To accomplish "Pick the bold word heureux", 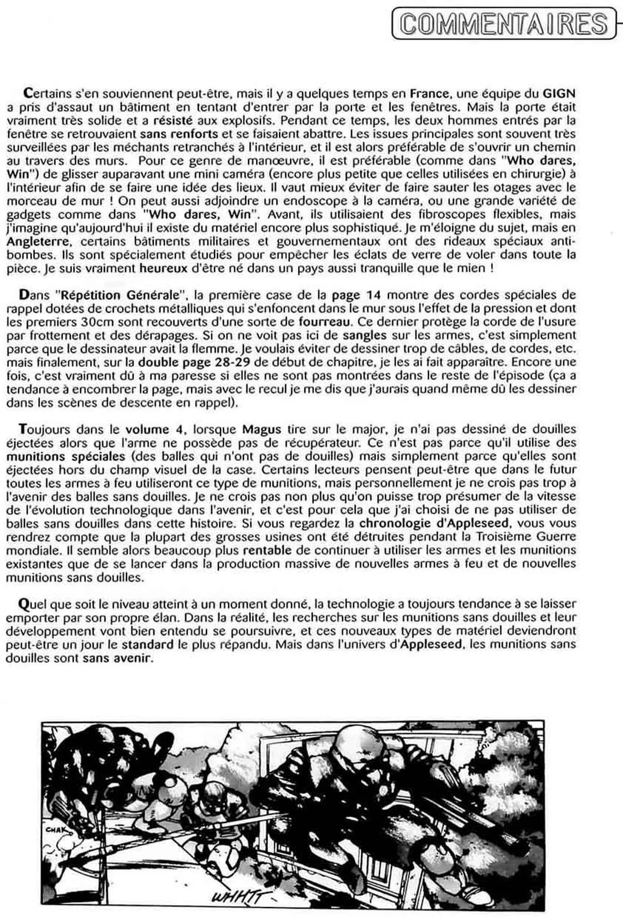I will pyautogui.click(x=164, y=268).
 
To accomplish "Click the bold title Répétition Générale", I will pyautogui.click(x=120, y=295).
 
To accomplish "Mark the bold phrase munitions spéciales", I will pyautogui.click(x=66, y=456).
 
